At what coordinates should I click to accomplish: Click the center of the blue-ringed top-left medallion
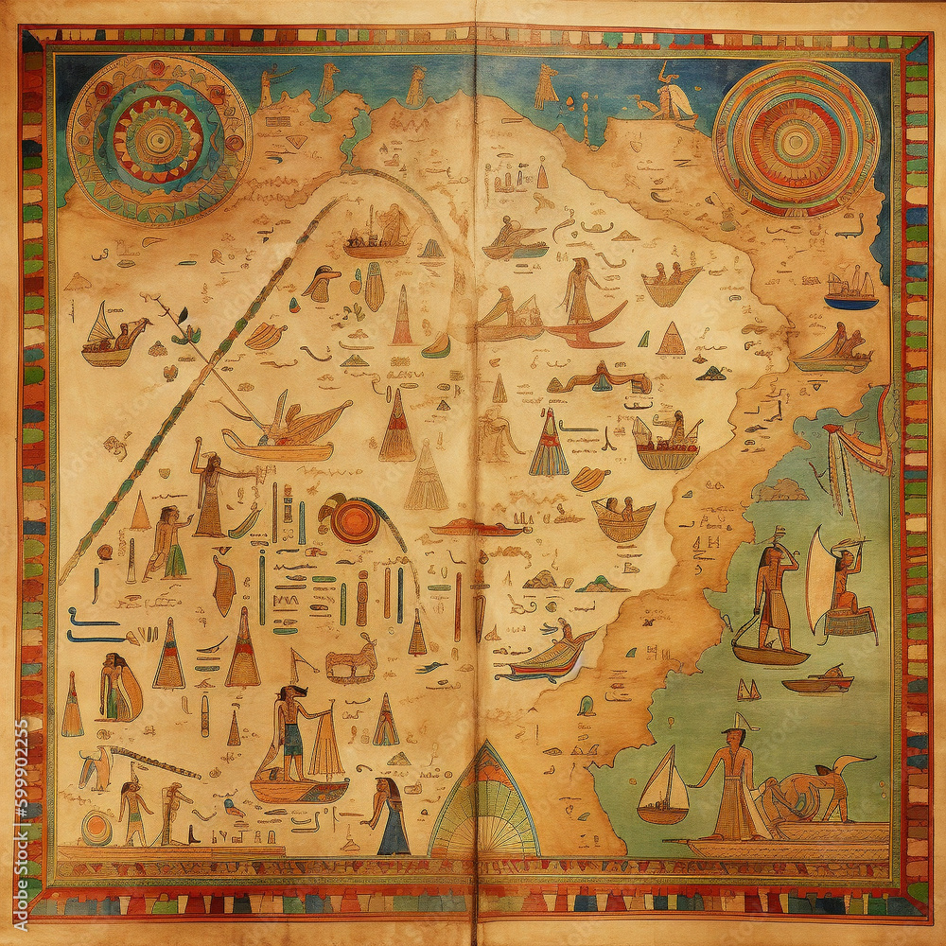click(158, 139)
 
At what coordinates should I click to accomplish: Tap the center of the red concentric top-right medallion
click(795, 140)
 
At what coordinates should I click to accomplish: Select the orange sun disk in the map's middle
click(354, 520)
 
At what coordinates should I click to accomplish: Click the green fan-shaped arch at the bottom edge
click(483, 804)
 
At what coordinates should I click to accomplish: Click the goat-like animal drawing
click(353, 661)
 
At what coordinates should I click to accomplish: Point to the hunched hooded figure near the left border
click(120, 687)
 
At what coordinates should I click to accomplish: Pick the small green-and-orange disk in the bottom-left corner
click(96, 829)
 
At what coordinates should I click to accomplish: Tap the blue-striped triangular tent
click(549, 445)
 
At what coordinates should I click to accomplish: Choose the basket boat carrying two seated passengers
click(622, 517)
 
